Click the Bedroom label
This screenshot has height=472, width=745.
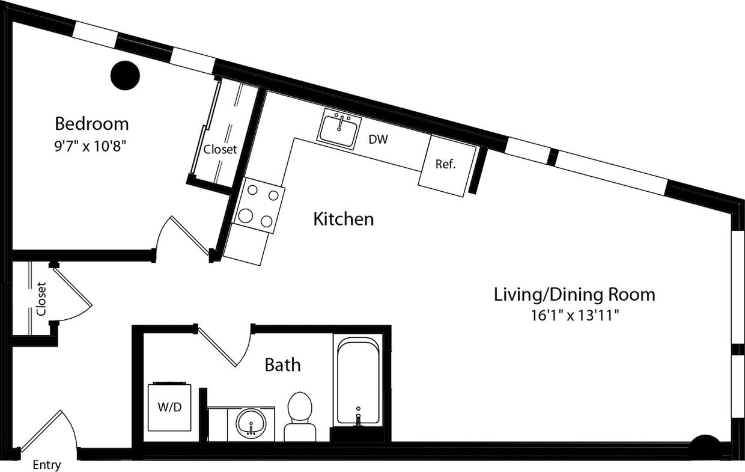pos(91,124)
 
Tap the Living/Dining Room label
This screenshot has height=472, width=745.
pos(574,295)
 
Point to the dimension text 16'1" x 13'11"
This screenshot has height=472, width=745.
pos(574,315)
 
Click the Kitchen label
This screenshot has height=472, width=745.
pos(343,219)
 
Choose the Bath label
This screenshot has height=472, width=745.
pos(282,364)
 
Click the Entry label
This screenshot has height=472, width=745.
pos(46,465)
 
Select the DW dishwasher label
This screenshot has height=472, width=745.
pos(378,140)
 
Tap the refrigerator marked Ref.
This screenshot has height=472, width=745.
pos(446,164)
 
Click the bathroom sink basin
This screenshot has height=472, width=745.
pos(250,423)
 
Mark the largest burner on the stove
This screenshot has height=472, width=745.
pos(246,215)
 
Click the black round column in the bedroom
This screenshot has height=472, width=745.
pos(126,76)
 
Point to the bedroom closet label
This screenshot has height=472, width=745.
pos(220,150)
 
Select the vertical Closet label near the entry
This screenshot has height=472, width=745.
pos(41,299)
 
